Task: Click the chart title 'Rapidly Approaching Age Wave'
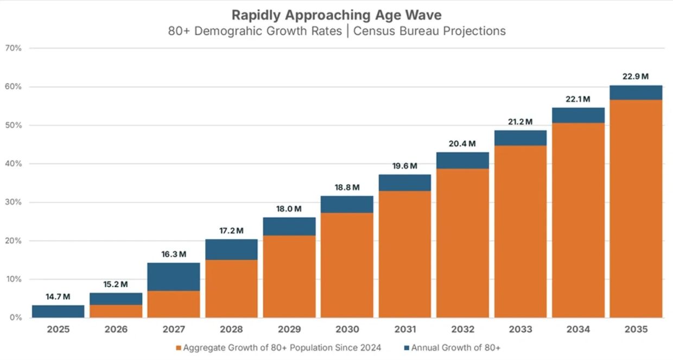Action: pyautogui.click(x=336, y=15)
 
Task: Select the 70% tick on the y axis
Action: pyautogui.click(x=13, y=48)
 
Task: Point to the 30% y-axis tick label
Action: pyautogui.click(x=13, y=202)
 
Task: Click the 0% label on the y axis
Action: pyautogui.click(x=16, y=317)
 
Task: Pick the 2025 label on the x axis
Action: pyautogui.click(x=58, y=330)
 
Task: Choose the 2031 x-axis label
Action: pyautogui.click(x=405, y=330)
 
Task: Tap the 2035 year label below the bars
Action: pyautogui.click(x=636, y=330)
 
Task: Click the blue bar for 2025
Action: pyautogui.click(x=58, y=311)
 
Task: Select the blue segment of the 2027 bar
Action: pyautogui.click(x=174, y=277)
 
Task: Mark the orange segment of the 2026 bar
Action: pyautogui.click(x=116, y=311)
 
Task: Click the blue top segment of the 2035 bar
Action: pyautogui.click(x=636, y=92)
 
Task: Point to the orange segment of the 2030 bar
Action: pyautogui.click(x=347, y=265)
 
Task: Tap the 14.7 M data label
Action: pyautogui.click(x=58, y=297)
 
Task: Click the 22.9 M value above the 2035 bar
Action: pyautogui.click(x=636, y=77)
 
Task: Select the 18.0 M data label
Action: pyautogui.click(x=289, y=209)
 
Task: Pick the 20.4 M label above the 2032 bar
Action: pyautogui.click(x=462, y=144)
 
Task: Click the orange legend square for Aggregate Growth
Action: pyautogui.click(x=179, y=348)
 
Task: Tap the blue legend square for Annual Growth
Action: pyautogui.click(x=407, y=348)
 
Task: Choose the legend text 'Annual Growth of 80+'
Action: pyautogui.click(x=456, y=348)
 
